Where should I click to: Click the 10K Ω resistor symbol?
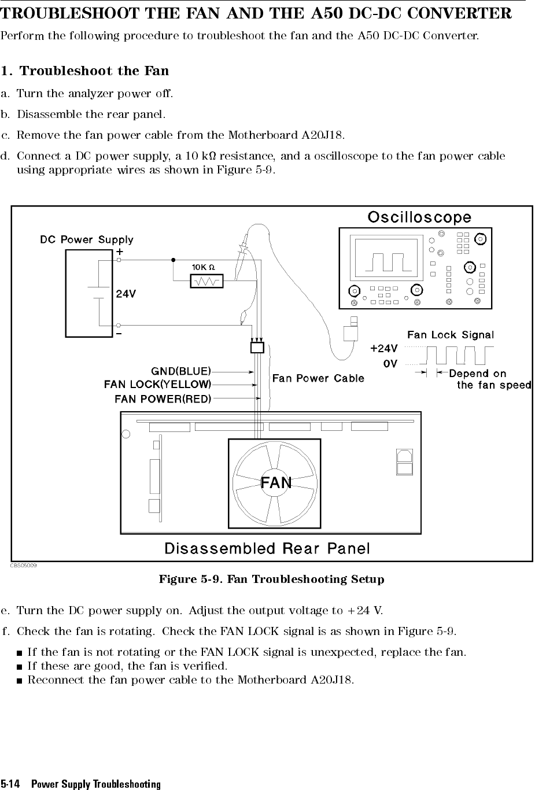coord(206,281)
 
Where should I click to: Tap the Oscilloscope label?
coord(419,217)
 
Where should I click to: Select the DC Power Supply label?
coord(87,239)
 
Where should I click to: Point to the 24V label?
coord(126,293)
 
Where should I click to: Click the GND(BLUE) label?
coord(181,371)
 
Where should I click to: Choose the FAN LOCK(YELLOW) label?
coord(157,384)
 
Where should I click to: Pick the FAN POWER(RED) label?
coord(163,398)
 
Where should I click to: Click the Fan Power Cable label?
coord(318,378)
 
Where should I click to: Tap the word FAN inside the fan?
coord(276,482)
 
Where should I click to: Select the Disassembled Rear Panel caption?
coord(267,548)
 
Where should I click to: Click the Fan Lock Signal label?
coord(451,335)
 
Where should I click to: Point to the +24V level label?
coord(384,348)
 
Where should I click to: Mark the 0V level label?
coord(390,364)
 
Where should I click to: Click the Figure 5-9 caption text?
coord(271,579)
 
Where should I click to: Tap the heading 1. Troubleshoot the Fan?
coord(85,71)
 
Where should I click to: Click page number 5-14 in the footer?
coord(10,784)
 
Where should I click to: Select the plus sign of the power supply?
coord(119,253)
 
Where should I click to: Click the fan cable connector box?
coord(257,348)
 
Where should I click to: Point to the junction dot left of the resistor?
coord(173,260)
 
